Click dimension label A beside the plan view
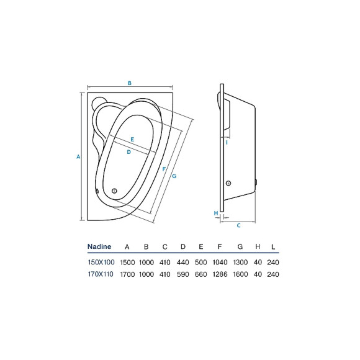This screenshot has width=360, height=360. pos(78,156)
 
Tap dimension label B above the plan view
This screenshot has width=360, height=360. pos(130,83)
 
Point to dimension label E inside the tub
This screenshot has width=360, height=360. pos(132,140)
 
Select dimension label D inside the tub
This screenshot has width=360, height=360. pos(129,152)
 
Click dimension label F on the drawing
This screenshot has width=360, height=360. pos(164,169)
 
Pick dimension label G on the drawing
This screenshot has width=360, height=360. pos(174,176)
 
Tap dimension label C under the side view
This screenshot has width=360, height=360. pos(238,226)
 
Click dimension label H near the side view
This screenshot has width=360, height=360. pos(216,213)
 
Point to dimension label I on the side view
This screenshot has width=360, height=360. pos(227,143)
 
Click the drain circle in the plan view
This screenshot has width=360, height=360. pos(114,191)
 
